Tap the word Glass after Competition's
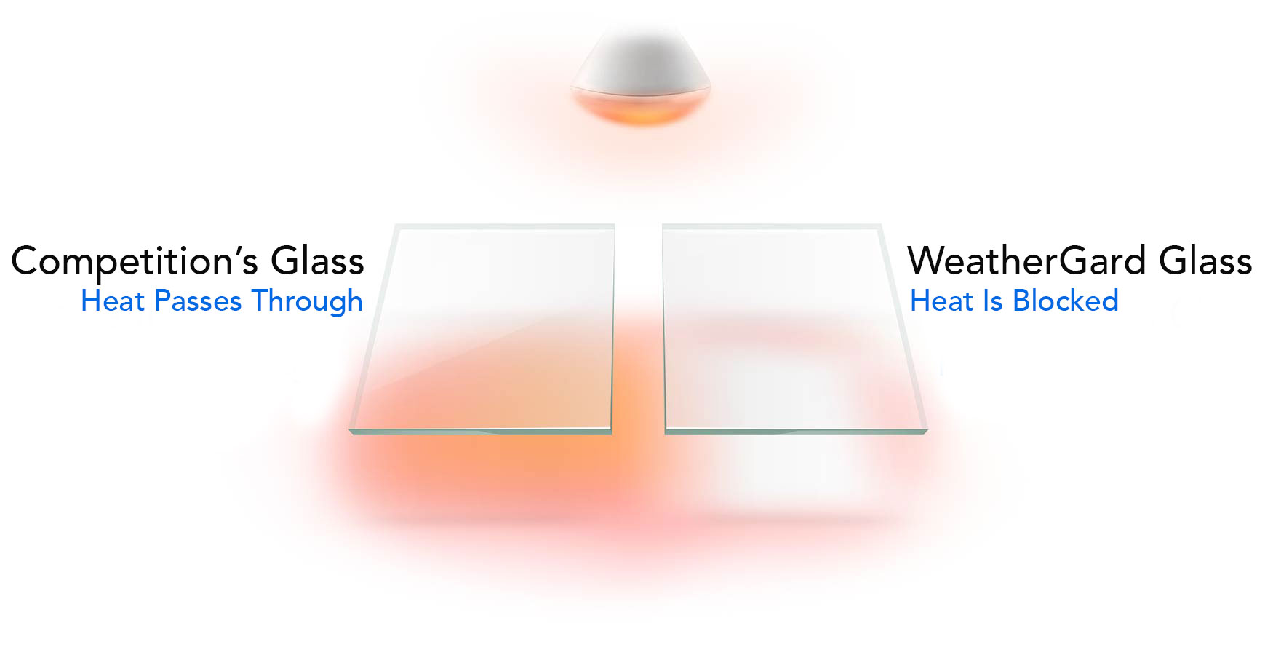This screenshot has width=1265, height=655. point(317,261)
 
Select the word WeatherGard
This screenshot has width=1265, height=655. point(1027,261)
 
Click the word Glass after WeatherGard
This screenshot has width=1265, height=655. point(1205,261)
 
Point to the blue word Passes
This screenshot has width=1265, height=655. point(198,301)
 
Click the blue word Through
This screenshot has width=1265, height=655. point(307,301)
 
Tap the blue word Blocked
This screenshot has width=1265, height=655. point(1066,301)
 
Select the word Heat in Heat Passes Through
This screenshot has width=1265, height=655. point(113,301)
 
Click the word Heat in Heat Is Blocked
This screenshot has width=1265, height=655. point(942,301)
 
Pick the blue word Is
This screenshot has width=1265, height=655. point(993,301)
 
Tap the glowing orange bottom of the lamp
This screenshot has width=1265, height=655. point(640,108)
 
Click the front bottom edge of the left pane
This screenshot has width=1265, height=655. point(480,431)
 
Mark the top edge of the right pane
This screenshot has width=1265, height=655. point(771,227)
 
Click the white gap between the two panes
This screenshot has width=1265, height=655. point(638,327)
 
